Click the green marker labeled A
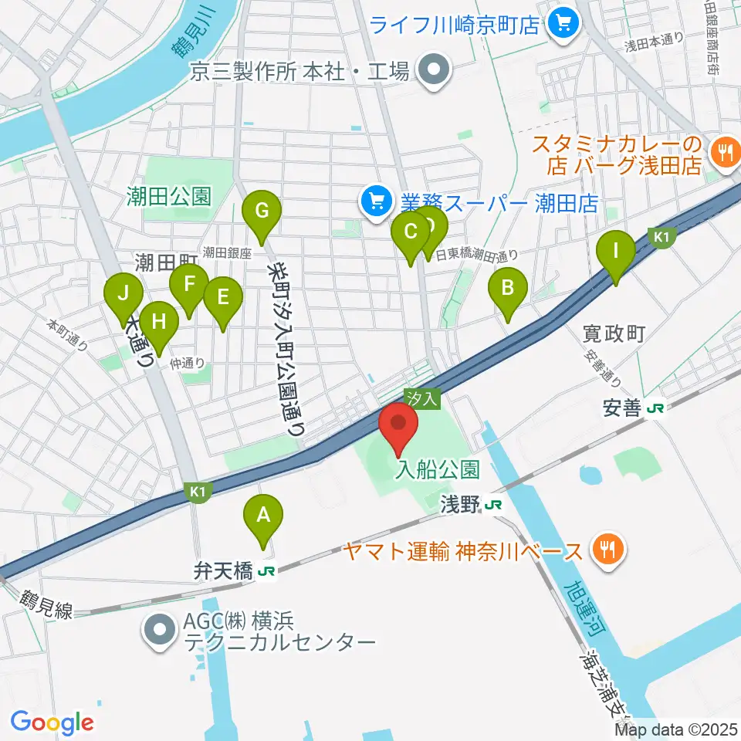click(263, 516)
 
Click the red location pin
click(398, 425)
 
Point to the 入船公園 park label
click(438, 469)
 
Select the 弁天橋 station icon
click(267, 572)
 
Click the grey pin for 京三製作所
click(433, 72)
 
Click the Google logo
click(52, 722)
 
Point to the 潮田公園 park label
click(168, 197)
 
